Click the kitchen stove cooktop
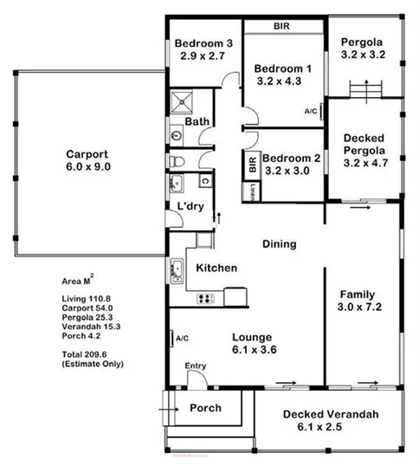tap(207, 299)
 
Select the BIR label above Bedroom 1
tap(281, 27)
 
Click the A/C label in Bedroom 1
tap(311, 112)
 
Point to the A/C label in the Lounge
tap(183, 338)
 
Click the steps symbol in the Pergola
tap(364, 89)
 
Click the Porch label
tap(204, 407)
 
